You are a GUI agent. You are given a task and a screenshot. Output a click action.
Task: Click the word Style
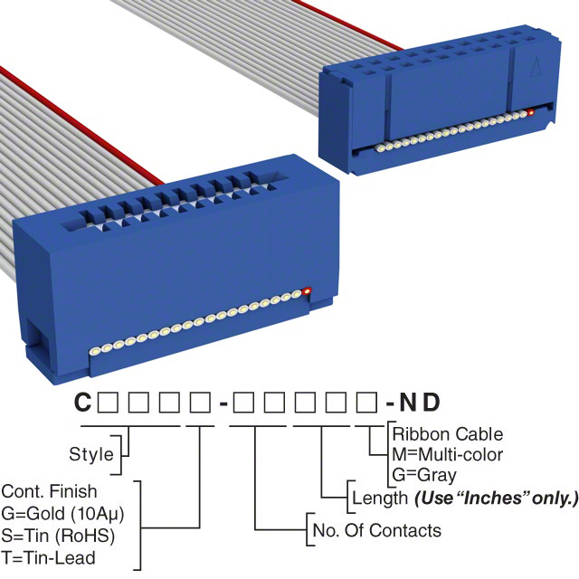coord(91,454)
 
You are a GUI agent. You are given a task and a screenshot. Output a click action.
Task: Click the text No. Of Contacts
coord(375,530)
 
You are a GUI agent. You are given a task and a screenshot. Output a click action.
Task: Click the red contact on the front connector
coord(308,291)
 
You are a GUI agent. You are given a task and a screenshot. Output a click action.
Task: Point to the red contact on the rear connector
coord(531,114)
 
